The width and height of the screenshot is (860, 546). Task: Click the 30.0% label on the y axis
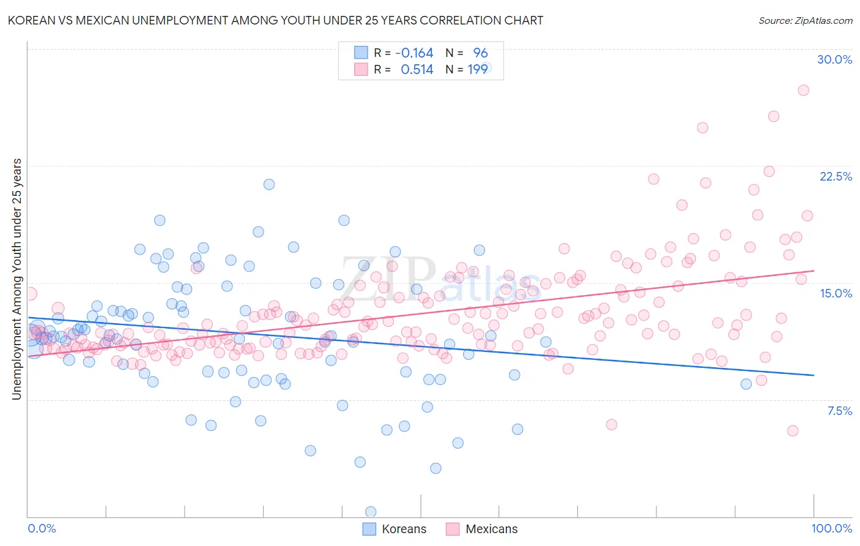coord(834,59)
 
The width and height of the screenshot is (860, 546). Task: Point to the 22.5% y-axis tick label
coord(836,176)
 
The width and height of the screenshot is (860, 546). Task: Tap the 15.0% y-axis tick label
coord(836,293)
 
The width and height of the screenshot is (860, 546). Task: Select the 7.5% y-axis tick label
coord(839,411)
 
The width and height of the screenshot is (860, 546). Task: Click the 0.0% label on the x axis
coord(42,528)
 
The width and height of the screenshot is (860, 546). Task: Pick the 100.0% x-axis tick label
coord(831,528)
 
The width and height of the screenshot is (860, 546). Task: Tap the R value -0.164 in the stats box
coord(414,53)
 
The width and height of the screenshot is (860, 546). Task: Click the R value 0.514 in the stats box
coord(417,69)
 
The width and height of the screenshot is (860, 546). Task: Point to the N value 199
coord(478,69)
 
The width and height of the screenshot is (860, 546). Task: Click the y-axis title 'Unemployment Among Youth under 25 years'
coord(17,279)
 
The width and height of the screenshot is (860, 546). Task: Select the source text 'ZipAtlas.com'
coord(824,20)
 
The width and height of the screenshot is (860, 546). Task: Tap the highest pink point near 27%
coord(803,90)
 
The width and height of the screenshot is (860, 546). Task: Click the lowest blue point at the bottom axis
coord(371,511)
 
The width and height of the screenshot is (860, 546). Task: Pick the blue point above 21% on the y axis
coord(269,184)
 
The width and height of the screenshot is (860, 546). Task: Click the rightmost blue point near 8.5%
coord(746,384)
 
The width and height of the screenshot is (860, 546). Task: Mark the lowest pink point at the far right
coord(793,430)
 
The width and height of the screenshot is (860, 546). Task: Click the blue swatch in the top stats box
coord(361,53)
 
